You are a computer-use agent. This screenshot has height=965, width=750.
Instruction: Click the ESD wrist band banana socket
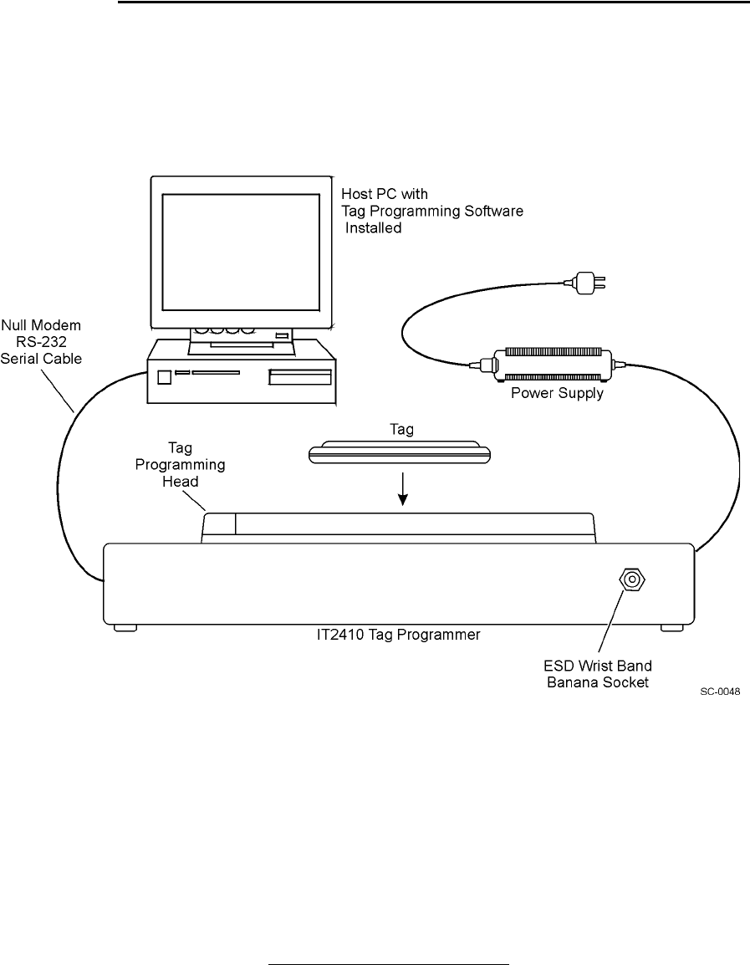click(x=631, y=580)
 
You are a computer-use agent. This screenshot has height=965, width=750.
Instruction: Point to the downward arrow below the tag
click(x=403, y=489)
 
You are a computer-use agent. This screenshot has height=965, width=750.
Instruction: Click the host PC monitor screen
click(x=241, y=252)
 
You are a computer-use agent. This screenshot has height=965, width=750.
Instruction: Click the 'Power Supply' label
click(x=557, y=393)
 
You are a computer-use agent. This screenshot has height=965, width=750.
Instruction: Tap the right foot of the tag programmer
click(x=671, y=627)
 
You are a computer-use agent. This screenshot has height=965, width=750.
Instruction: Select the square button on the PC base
click(x=164, y=377)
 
